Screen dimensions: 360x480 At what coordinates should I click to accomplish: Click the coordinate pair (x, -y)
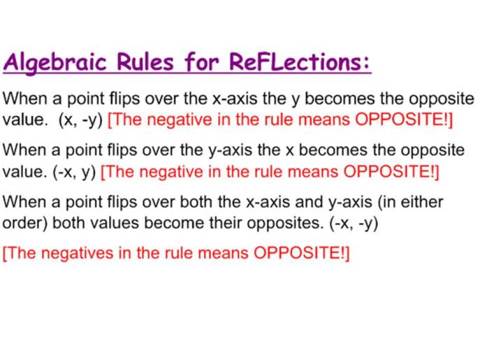click(x=82, y=119)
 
